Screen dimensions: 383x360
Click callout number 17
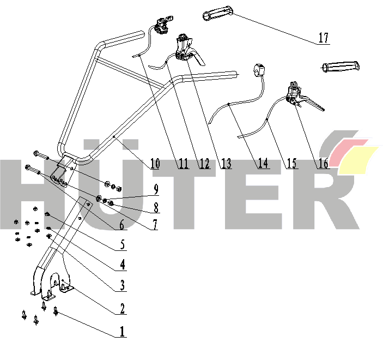(x=324, y=38)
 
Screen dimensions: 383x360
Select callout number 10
(x=155, y=164)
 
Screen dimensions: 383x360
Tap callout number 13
(x=227, y=164)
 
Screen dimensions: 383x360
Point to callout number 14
(x=263, y=163)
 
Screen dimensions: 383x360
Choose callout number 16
(x=323, y=164)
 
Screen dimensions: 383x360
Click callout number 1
(x=122, y=332)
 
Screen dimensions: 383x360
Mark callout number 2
(x=122, y=308)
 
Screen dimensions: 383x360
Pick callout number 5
(x=123, y=244)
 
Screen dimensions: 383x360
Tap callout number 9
(x=156, y=189)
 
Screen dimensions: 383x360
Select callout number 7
(x=155, y=225)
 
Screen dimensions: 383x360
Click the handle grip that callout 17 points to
(x=218, y=14)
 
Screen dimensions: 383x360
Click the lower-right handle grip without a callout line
(x=341, y=67)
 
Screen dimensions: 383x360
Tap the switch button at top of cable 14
(x=260, y=70)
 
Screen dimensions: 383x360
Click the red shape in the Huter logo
(x=347, y=152)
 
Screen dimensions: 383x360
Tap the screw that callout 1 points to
(x=56, y=311)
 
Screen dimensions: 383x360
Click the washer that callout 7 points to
(x=99, y=198)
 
